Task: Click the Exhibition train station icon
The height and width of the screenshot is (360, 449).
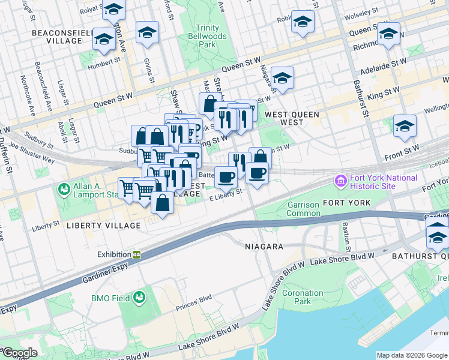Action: tap(137, 254)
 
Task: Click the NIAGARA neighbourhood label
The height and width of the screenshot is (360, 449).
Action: tap(264, 247)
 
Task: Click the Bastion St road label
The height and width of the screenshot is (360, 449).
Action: tap(346, 237)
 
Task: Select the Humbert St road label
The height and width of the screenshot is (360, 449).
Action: tap(104, 62)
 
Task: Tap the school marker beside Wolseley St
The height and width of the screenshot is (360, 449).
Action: tap(303, 22)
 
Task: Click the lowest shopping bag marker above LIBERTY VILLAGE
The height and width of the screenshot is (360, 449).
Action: tap(162, 203)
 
